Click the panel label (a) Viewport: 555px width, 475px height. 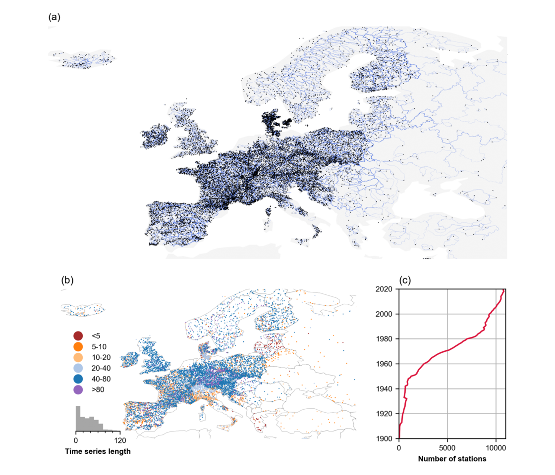tap(54, 17)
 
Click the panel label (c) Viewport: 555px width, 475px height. tap(405, 280)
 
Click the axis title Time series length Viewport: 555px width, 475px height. tap(98, 451)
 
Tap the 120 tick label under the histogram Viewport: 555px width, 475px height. tap(119, 440)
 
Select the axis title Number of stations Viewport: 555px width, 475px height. tap(452, 459)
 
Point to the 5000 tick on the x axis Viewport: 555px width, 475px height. tap(447, 447)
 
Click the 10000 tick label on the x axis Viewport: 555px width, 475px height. tap(496, 447)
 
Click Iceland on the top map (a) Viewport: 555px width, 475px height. tap(82, 60)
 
